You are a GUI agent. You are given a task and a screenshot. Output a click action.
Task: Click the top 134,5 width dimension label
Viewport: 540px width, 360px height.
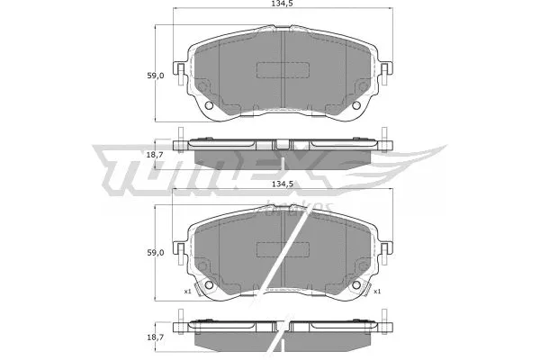282,10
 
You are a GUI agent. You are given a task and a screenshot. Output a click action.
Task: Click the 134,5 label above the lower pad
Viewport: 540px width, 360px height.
282,184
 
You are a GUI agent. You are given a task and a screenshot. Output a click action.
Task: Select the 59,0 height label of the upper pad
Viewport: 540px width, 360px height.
156,76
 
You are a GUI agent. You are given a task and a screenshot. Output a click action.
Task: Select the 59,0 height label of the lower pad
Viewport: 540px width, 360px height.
156,252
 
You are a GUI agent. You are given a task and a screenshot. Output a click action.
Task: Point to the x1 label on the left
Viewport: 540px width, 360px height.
188,292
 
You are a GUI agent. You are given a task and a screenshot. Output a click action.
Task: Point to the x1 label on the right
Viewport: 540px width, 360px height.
378,292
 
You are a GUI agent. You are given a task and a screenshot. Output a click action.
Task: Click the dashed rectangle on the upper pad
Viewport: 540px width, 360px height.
283,70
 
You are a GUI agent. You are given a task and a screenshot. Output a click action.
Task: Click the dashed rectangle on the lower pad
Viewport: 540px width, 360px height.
283,248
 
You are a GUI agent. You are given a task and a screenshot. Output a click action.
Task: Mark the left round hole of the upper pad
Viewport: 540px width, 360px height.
211,108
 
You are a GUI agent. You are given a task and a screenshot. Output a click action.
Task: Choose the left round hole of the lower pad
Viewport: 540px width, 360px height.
211,286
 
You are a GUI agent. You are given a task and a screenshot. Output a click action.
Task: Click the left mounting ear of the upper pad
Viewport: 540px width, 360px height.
180,74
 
